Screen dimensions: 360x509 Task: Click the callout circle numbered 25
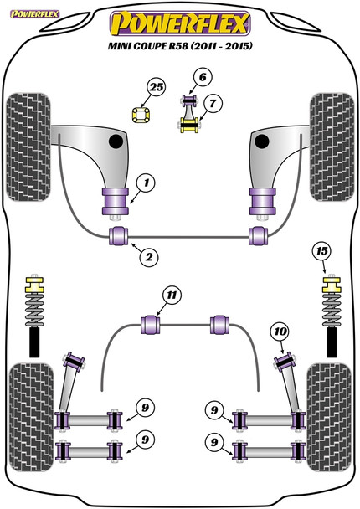pyautogui.click(x=157, y=87)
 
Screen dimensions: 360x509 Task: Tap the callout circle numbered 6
pyautogui.click(x=203, y=77)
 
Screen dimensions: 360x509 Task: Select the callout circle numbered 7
pyautogui.click(x=213, y=104)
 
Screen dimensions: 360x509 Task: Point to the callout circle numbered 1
pyautogui.click(x=146, y=183)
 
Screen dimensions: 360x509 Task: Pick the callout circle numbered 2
pyautogui.click(x=149, y=257)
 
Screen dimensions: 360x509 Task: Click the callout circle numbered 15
pyautogui.click(x=322, y=251)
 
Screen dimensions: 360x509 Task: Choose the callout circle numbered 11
pyautogui.click(x=172, y=296)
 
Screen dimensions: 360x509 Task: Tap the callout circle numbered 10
pyautogui.click(x=280, y=332)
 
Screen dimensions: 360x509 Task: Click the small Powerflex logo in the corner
pyautogui.click(x=34, y=14)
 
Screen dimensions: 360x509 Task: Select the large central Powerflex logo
pyautogui.click(x=180, y=23)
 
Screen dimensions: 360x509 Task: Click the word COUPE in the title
pyautogui.click(x=147, y=46)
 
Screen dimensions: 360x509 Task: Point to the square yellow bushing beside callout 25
pyautogui.click(x=141, y=115)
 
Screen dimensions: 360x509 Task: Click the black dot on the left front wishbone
pyautogui.click(x=116, y=141)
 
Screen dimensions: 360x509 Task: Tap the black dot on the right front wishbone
pyautogui.click(x=262, y=141)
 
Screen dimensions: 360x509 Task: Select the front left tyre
pyautogui.click(x=28, y=147)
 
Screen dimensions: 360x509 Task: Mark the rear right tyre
pyautogui.click(x=329, y=417)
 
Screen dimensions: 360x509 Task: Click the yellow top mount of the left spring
pyautogui.click(x=34, y=284)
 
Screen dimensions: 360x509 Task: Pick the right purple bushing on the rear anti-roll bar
pyautogui.click(x=219, y=325)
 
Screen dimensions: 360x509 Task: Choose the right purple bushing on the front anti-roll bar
pyautogui.click(x=259, y=236)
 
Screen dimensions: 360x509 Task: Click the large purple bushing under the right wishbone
pyautogui.click(x=262, y=201)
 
